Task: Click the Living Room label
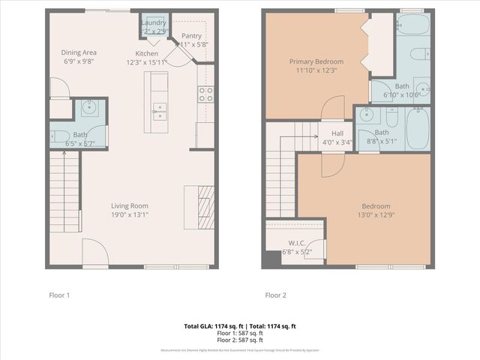[x=129, y=205]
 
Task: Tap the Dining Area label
[x=79, y=52]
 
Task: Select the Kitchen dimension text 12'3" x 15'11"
[x=146, y=62]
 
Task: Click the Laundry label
[x=154, y=23]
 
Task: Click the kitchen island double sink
[x=160, y=111]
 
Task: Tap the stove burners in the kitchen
[x=205, y=94]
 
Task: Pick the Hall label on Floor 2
[x=328, y=132]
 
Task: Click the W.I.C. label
[x=295, y=242]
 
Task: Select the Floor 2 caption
[x=274, y=295]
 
